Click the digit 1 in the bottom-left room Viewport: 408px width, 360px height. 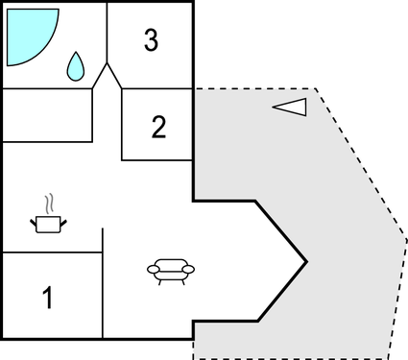pos(48,299)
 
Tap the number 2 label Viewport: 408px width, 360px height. pos(159,127)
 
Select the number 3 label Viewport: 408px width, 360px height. pos(151,41)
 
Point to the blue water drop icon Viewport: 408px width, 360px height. pos(75,66)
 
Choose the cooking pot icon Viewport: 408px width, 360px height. pos(45,224)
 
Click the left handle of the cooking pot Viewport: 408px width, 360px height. pos(33,221)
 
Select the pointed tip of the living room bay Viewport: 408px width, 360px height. pos(306,260)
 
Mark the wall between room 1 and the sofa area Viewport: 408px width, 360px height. pos(102,288)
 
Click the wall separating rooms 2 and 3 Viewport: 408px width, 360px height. pos(157,89)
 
